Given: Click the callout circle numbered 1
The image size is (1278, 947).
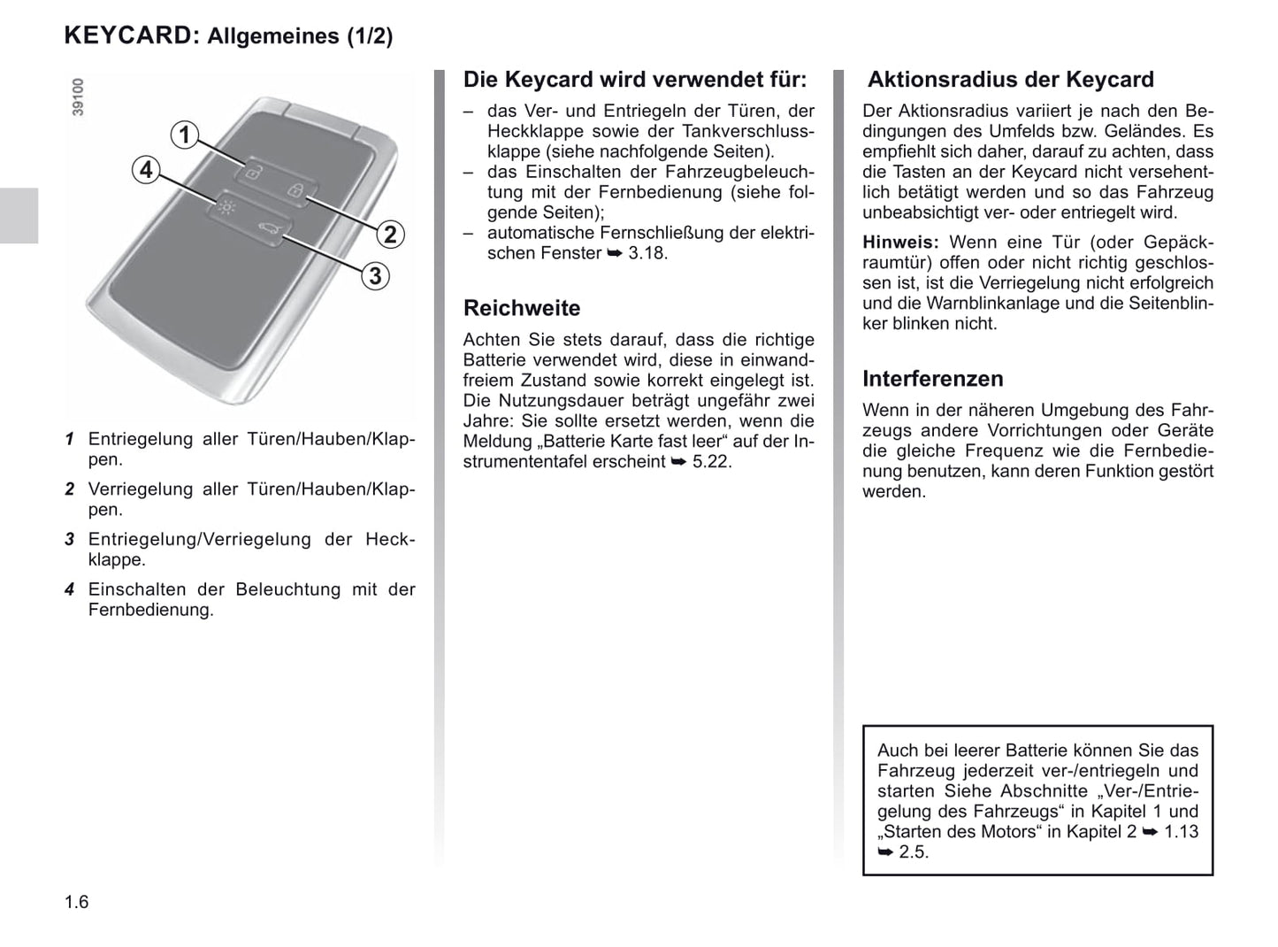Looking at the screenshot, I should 185,135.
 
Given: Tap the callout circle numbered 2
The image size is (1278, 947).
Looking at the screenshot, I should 390,235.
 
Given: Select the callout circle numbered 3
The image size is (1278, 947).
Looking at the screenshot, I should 375,276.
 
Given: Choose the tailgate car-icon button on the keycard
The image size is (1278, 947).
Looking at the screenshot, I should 266,233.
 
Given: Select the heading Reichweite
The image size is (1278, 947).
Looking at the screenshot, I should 522,308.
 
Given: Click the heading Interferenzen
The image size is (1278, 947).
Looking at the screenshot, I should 932,379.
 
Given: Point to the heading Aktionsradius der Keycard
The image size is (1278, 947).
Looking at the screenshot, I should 1010,80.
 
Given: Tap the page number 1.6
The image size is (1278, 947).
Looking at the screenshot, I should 77,902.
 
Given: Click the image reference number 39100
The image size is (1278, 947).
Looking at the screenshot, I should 78,96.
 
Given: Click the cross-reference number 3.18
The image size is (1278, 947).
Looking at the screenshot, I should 647,253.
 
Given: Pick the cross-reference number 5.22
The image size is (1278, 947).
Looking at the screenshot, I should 712,462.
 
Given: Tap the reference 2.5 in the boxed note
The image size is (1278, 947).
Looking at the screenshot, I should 914,852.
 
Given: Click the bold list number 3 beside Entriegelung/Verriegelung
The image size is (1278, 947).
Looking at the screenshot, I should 69,540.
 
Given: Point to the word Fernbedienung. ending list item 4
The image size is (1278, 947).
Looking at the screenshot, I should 150,611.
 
